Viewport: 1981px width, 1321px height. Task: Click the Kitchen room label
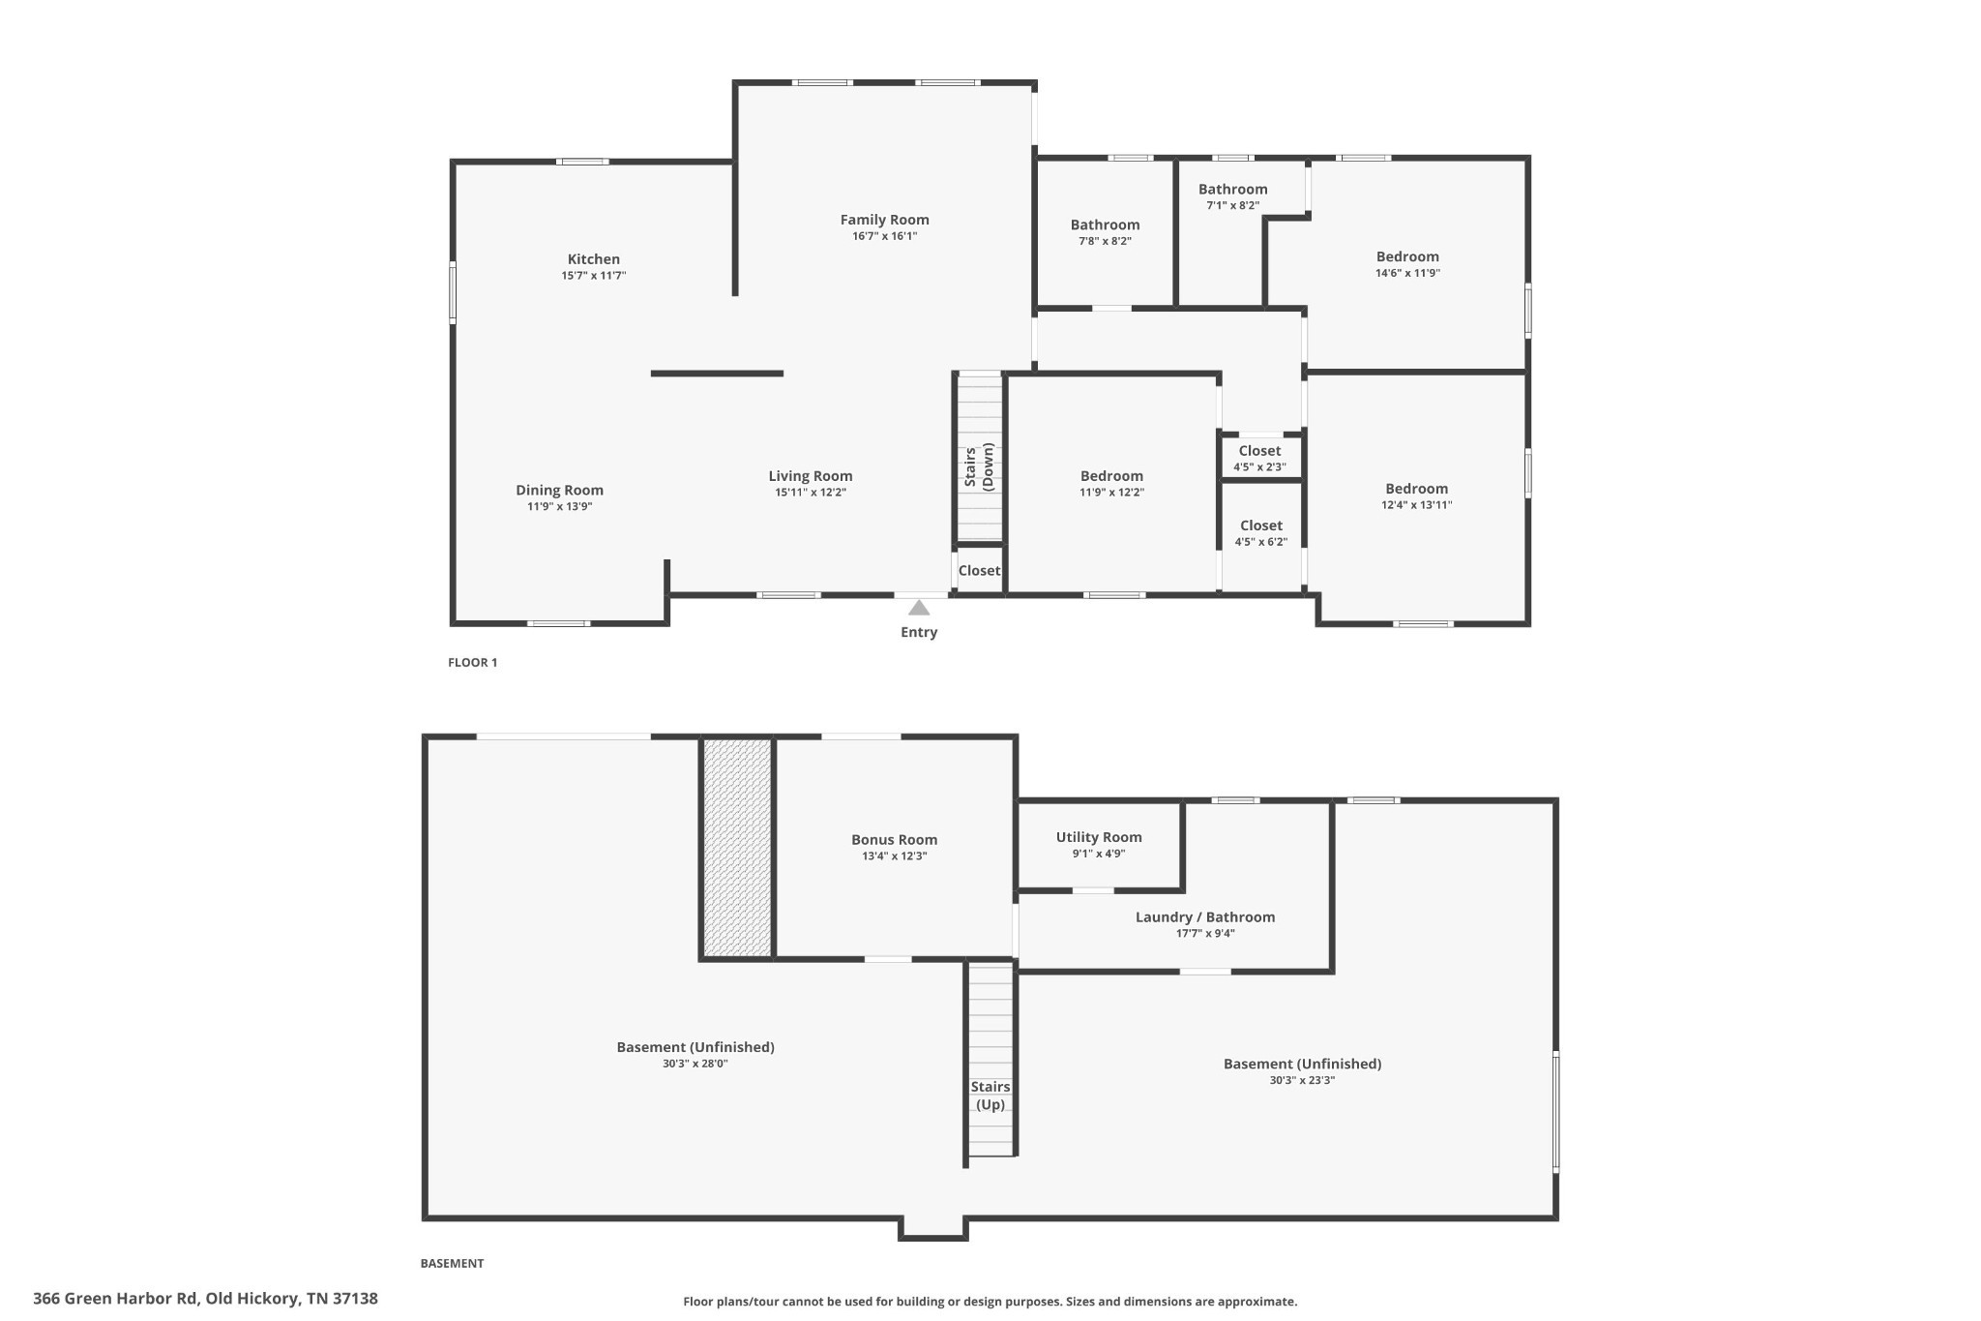(594, 259)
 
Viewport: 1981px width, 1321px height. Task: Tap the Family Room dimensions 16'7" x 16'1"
(885, 236)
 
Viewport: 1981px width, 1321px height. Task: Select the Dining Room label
(559, 491)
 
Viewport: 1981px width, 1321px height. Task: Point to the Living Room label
(811, 476)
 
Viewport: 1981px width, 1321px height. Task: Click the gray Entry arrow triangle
(919, 608)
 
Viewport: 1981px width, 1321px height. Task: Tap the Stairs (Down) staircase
(980, 458)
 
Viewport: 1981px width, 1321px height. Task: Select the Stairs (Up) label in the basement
(990, 1096)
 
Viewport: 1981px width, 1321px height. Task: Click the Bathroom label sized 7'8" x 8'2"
(1105, 225)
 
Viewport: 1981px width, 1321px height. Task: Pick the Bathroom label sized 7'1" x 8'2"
(1232, 190)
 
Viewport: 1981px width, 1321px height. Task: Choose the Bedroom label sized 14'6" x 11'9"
(1407, 256)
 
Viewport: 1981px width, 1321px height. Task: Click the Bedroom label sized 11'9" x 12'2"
(1111, 476)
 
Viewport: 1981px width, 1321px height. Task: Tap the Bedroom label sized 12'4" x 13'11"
(1416, 489)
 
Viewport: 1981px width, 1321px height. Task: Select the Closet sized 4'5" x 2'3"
(1259, 457)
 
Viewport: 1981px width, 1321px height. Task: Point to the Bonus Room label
(894, 840)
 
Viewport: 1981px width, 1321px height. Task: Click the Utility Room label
(1099, 837)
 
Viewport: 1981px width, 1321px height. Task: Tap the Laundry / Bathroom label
(1205, 917)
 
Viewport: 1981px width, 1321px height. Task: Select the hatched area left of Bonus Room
(737, 848)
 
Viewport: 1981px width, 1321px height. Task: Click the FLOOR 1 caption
(472, 663)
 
